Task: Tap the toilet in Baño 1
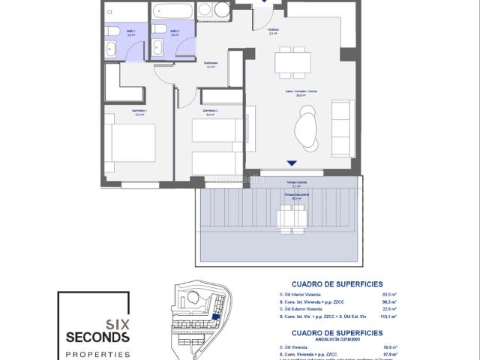pos(111,47)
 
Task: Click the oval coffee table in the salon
pos(307,126)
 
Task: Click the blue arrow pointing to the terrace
pos(292,164)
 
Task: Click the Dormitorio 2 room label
pos(211,111)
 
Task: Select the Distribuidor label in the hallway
pos(211,63)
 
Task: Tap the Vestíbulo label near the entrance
pos(274,30)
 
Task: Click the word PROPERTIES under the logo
pos(97,354)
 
